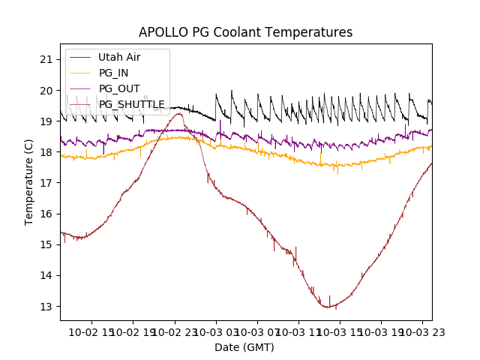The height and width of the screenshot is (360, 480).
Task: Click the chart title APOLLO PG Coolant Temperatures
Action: pyautogui.click(x=245, y=33)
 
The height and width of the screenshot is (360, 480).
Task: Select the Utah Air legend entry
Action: pyautogui.click(x=119, y=57)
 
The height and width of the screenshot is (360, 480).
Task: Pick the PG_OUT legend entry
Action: pyautogui.click(x=119, y=88)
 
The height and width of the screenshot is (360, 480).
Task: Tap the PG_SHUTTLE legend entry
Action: pyautogui.click(x=132, y=104)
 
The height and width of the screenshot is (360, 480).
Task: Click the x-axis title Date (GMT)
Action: pyautogui.click(x=244, y=347)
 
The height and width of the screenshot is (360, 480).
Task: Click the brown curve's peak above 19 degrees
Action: pyautogui.click(x=179, y=114)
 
